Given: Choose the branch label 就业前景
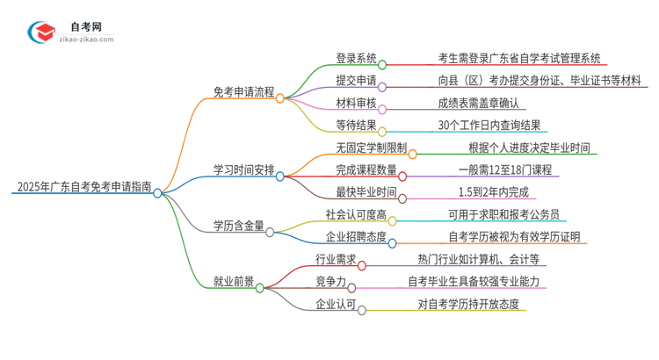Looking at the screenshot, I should (234, 282).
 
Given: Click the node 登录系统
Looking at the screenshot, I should (356, 59).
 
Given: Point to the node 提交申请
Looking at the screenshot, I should (356, 81).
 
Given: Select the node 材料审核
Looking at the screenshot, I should (356, 103).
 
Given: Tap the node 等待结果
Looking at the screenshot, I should (356, 125).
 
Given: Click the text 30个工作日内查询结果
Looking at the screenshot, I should (489, 125).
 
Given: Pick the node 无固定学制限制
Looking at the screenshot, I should (369, 148).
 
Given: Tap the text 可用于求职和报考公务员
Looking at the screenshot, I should (502, 214).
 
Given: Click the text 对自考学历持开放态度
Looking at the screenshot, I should (468, 304).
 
